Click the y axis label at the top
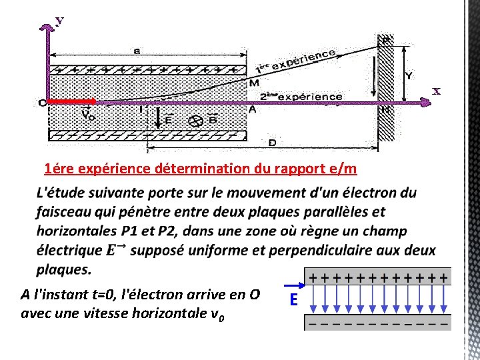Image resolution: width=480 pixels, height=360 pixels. click(59, 21)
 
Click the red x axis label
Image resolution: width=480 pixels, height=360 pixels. click(437, 91)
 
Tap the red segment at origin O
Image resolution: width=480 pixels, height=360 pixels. click(72, 102)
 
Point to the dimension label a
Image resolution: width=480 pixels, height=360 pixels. click(136, 51)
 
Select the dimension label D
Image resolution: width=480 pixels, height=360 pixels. click(272, 142)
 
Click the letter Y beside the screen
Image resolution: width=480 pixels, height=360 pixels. click(408, 75)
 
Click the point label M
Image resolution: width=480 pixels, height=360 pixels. click(254, 83)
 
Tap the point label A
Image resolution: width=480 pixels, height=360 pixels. click(251, 109)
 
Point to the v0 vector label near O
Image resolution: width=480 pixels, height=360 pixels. click(87, 113)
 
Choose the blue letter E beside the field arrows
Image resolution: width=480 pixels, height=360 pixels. click(293, 301)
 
